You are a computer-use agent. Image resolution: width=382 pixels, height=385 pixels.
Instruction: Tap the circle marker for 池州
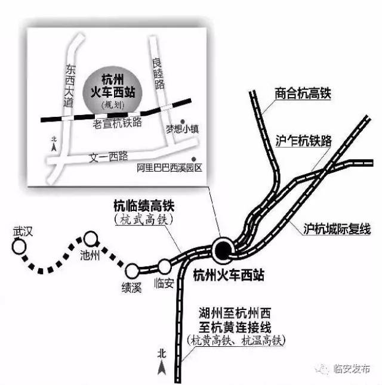[x=91, y=238]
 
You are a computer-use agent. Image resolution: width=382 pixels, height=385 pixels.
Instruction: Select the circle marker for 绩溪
[x=133, y=271]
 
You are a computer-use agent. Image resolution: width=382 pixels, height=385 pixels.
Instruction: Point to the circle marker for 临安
[x=164, y=266]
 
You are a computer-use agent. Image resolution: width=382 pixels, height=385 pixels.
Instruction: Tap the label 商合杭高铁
[x=303, y=94]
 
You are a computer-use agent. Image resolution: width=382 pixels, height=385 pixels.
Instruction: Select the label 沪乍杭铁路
[x=304, y=141]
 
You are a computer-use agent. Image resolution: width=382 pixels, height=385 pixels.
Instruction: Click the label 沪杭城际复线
[x=337, y=229]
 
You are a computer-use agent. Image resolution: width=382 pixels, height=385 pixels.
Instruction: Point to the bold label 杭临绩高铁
[x=144, y=206]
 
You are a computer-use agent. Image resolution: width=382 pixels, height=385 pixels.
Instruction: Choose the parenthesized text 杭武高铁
[x=144, y=219]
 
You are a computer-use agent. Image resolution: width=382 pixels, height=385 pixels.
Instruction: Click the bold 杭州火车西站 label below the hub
[x=229, y=275]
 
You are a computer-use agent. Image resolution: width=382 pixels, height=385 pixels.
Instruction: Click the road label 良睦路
[x=158, y=73]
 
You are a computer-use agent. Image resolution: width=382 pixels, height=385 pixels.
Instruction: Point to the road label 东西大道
[x=69, y=86]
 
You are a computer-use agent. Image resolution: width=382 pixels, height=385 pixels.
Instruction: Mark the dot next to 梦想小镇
[x=183, y=122]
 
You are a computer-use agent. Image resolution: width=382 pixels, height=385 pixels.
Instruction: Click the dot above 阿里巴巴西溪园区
[x=194, y=159]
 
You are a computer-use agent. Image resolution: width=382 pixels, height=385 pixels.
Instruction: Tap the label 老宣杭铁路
[x=117, y=123]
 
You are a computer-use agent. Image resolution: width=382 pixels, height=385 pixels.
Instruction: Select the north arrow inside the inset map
[x=54, y=147]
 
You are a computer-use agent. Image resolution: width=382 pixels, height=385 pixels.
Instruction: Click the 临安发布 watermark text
[x=352, y=369]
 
